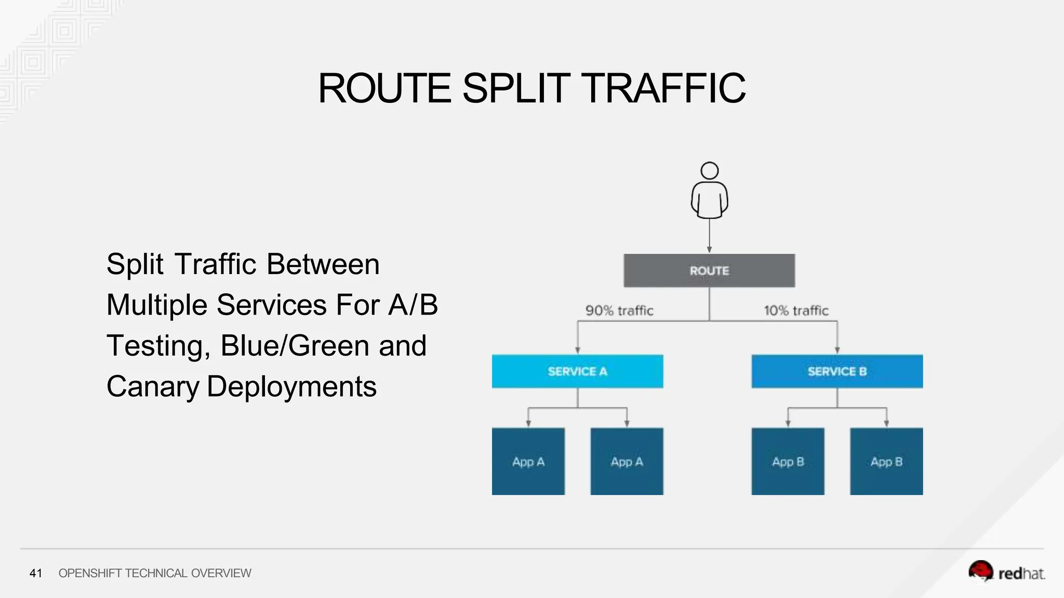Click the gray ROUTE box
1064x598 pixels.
(x=709, y=270)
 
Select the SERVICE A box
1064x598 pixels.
(x=577, y=371)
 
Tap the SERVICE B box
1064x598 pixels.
(x=837, y=371)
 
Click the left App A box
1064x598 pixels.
(x=528, y=461)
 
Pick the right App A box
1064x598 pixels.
(x=627, y=461)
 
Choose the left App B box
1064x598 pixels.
(x=788, y=461)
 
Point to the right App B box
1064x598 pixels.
(x=886, y=461)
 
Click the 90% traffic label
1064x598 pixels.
(x=619, y=310)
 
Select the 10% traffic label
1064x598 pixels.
(x=796, y=310)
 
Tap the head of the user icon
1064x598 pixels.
(x=709, y=171)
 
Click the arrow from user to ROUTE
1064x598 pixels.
(x=709, y=236)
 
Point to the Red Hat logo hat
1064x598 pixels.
(x=980, y=570)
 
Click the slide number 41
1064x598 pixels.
(x=35, y=573)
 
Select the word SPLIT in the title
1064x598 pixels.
(x=516, y=88)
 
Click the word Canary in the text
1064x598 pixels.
(x=153, y=387)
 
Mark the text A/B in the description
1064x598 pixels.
(x=413, y=305)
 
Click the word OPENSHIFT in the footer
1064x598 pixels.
(x=90, y=573)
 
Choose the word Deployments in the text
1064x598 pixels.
(x=291, y=387)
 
